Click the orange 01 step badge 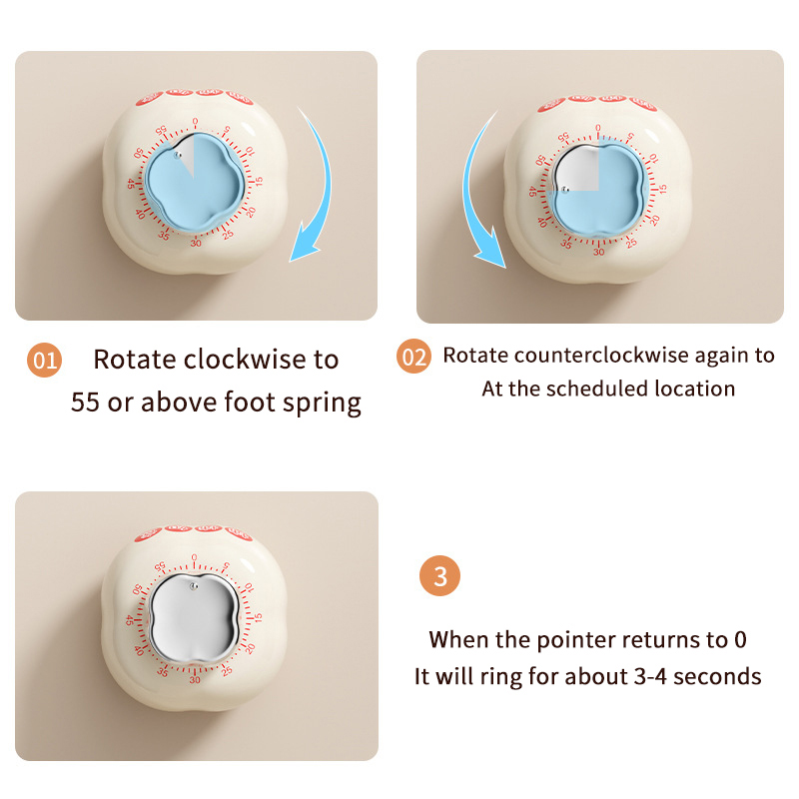tap(44, 361)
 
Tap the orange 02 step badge tap(413, 357)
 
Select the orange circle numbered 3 tap(439, 576)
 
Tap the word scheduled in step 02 tap(596, 389)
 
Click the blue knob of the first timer tap(195, 181)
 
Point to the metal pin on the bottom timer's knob tap(194, 586)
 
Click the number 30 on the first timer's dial tap(196, 243)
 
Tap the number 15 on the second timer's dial tap(662, 189)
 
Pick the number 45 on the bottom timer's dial tap(130, 620)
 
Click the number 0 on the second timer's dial tap(597, 128)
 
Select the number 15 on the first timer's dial tap(259, 181)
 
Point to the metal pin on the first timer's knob tap(177, 155)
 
